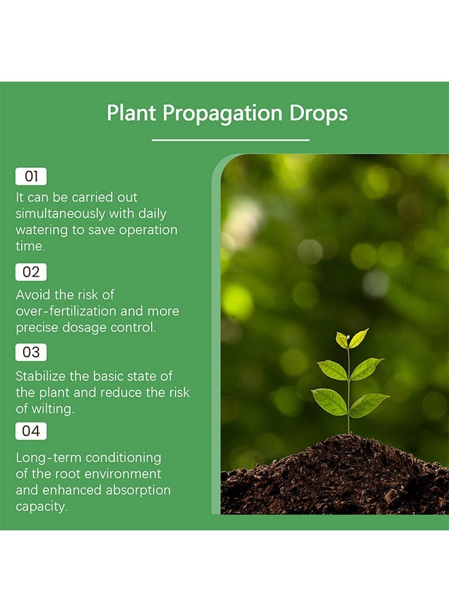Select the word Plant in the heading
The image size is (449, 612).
point(132,113)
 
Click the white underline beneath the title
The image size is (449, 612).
point(231,140)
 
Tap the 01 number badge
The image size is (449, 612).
point(31,177)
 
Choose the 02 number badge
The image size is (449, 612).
point(31,272)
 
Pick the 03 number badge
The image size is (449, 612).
point(31,352)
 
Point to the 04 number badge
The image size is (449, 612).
point(31,431)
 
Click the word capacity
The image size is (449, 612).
point(41,507)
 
